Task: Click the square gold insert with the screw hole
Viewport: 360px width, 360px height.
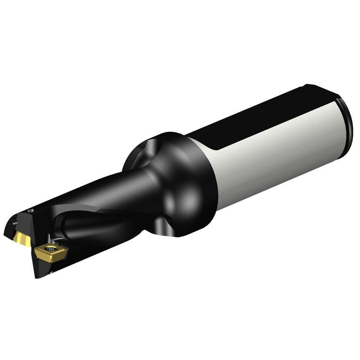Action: click(50, 252)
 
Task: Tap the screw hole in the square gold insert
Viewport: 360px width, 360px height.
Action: click(51, 250)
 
